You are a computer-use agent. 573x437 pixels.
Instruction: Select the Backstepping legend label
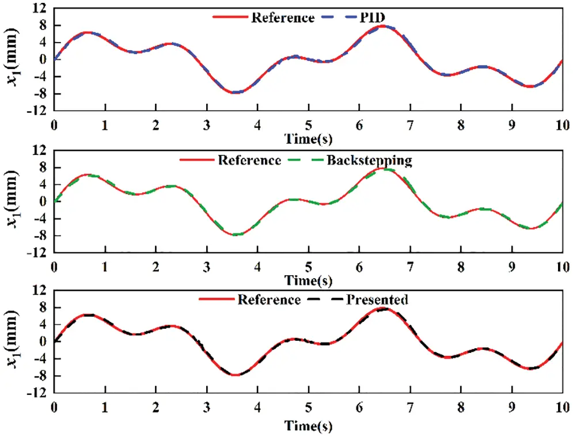click(x=369, y=159)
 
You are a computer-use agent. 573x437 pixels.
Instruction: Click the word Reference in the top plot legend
click(x=283, y=17)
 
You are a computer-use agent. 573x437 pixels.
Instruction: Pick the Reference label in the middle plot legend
click(x=249, y=159)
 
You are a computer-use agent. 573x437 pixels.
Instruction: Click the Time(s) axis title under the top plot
click(x=308, y=139)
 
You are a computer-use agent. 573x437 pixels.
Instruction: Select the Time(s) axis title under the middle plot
click(x=308, y=280)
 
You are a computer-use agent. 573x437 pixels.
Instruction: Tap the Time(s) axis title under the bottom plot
click(x=308, y=426)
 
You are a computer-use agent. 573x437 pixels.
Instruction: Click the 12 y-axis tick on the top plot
click(x=40, y=9)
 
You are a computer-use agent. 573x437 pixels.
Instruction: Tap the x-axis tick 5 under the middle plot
click(x=309, y=268)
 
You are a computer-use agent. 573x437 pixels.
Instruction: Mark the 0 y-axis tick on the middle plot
click(x=43, y=202)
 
